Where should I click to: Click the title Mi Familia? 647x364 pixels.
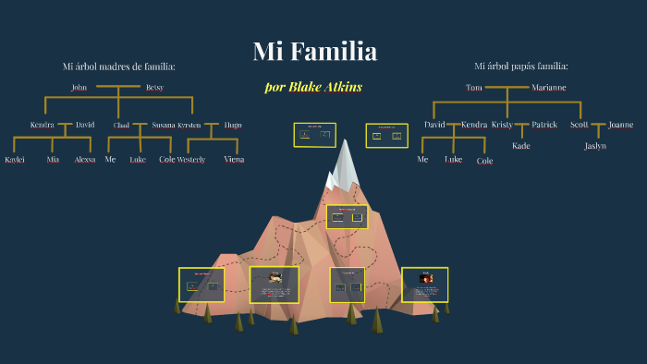(x=314, y=52)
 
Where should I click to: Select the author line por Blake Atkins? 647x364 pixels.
(x=313, y=87)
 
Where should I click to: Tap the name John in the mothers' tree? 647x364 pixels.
(x=79, y=88)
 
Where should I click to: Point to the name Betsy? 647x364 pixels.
(x=154, y=88)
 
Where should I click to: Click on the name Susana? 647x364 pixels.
(x=164, y=125)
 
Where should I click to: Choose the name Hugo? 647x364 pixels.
(x=233, y=125)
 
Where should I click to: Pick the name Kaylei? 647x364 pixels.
(x=15, y=160)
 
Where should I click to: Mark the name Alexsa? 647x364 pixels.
(x=85, y=160)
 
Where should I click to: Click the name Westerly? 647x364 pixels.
(x=191, y=160)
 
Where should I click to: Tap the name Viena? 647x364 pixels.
(x=234, y=160)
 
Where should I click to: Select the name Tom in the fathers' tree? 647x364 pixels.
(x=473, y=88)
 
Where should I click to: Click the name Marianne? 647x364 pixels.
(x=549, y=88)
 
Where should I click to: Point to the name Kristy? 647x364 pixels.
(x=502, y=125)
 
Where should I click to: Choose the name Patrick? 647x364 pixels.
(x=544, y=125)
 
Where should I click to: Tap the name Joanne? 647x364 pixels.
(x=620, y=125)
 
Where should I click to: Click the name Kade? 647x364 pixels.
(x=521, y=146)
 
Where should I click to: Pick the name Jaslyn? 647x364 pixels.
(x=595, y=146)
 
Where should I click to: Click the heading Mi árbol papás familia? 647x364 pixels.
(x=520, y=67)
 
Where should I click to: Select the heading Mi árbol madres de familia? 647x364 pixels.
(x=118, y=67)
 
